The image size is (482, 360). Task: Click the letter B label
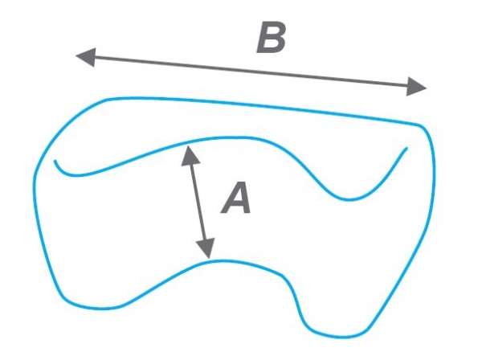272,37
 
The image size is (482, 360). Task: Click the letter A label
236,198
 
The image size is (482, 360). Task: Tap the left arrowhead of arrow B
86,57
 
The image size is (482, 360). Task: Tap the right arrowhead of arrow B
416,87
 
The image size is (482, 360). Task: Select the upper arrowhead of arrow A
190,156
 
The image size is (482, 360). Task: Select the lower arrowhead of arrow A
206,247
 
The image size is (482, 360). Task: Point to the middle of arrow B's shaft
251,72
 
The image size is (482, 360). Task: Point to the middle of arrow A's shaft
198,202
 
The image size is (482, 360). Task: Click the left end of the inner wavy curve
55,161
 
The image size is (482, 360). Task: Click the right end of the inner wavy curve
407,148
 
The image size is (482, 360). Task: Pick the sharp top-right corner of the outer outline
420,125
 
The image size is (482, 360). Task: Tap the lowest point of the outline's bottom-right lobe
341,337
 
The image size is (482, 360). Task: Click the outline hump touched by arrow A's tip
220,261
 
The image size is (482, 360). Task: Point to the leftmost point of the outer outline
34,185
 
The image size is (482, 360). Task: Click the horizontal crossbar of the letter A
236,205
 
